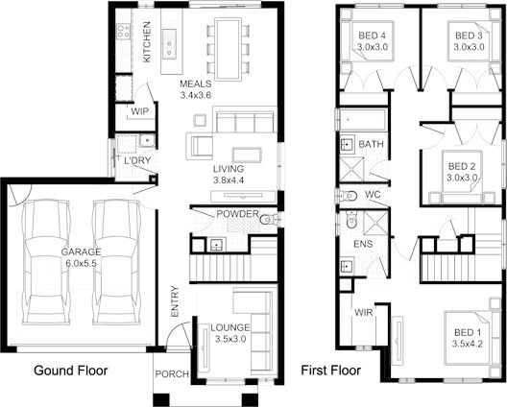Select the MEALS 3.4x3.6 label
click(x=195, y=90)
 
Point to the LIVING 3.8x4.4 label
click(x=229, y=175)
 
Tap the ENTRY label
click(x=175, y=302)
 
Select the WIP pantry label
click(x=138, y=112)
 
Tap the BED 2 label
click(x=463, y=171)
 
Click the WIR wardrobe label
click(x=364, y=313)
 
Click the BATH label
click(x=371, y=145)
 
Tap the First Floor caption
click(x=330, y=370)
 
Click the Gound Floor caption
click(x=70, y=370)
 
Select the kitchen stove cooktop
click(x=124, y=32)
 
